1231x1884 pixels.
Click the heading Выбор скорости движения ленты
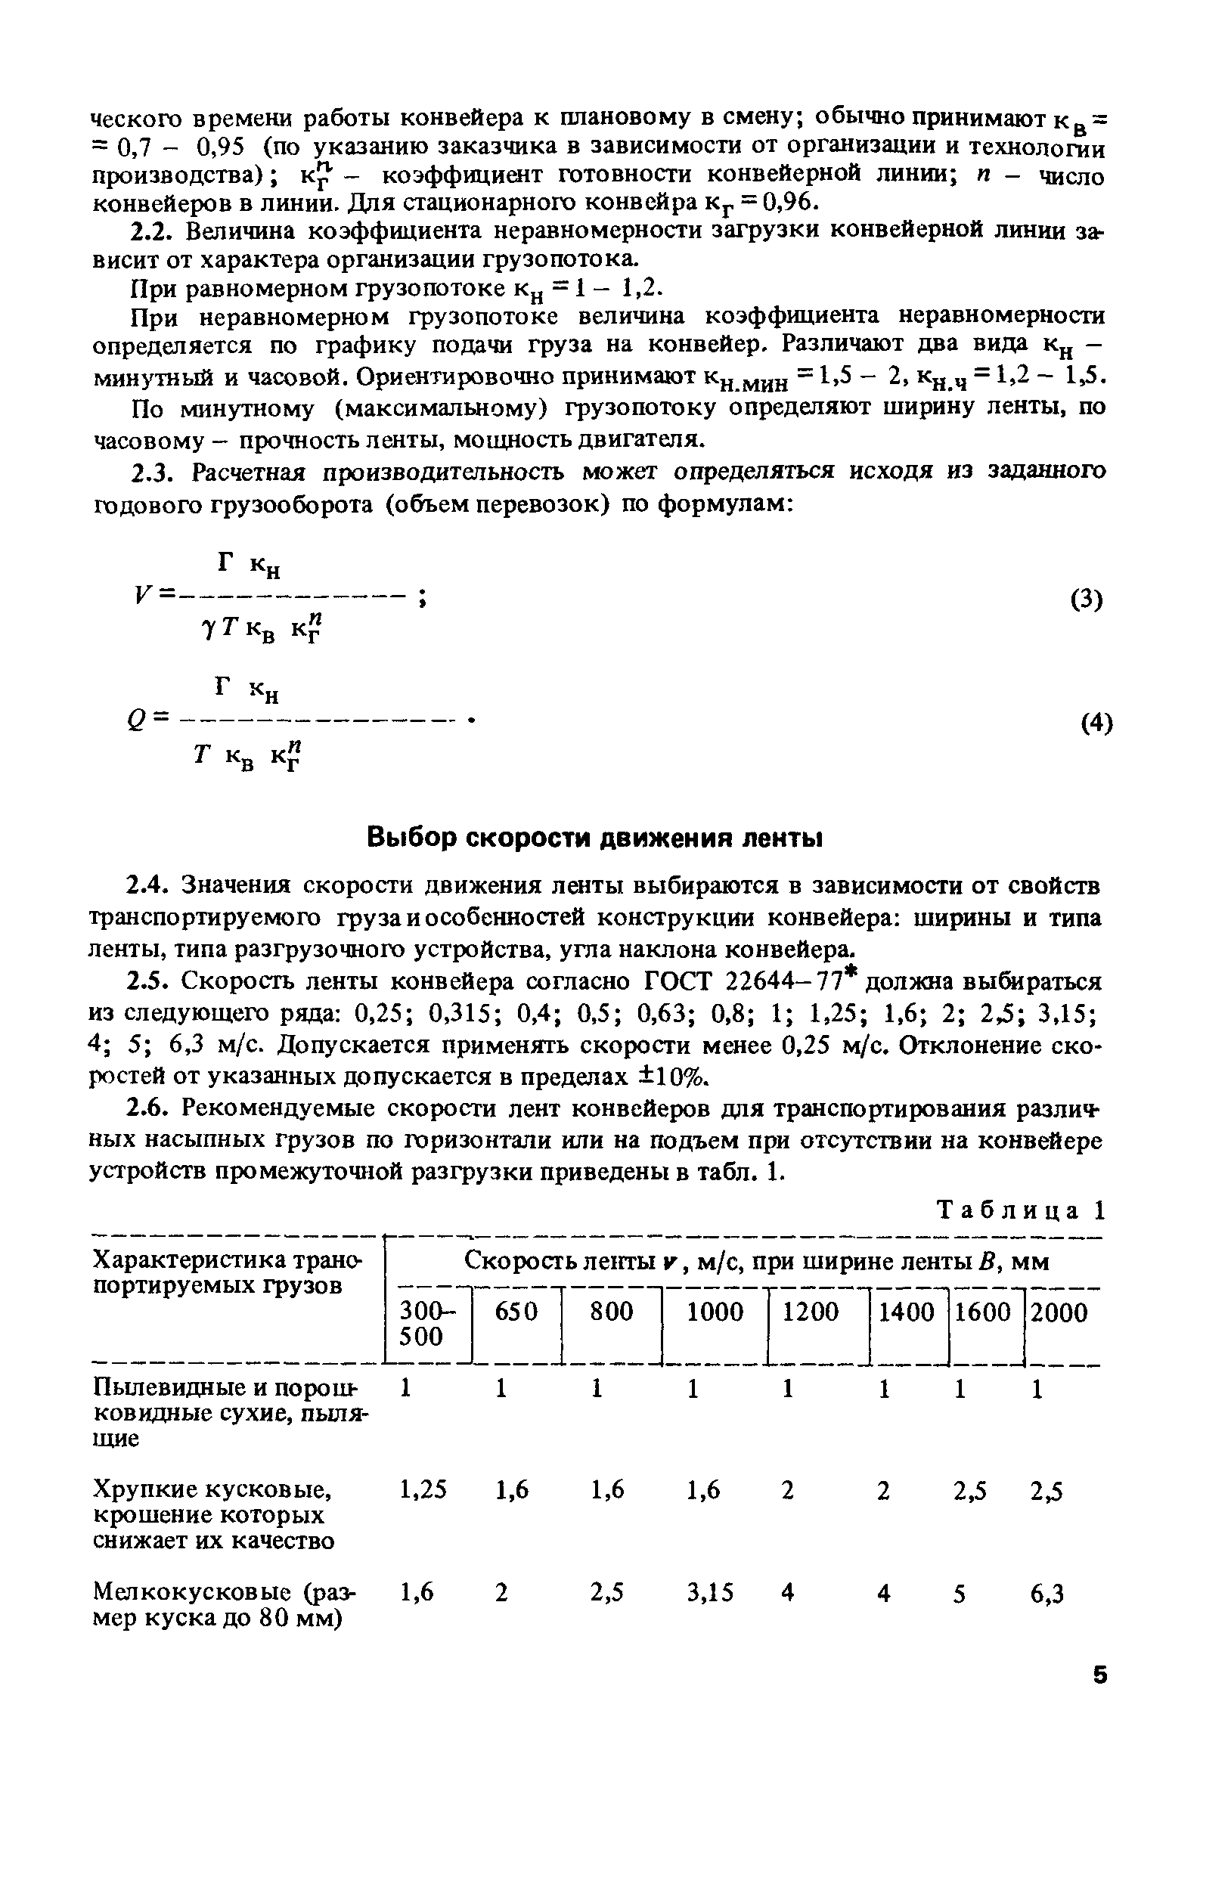[595, 838]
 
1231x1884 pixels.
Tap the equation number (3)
[1086, 600]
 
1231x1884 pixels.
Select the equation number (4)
[1096, 723]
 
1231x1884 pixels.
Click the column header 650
[516, 1312]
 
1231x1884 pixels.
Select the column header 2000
[1059, 1312]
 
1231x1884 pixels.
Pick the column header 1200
[810, 1312]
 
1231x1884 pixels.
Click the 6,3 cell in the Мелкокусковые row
[1047, 1593]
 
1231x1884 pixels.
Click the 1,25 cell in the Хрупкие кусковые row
[423, 1491]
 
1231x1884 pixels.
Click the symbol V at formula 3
[141, 595]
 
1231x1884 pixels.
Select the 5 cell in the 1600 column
[960, 1593]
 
